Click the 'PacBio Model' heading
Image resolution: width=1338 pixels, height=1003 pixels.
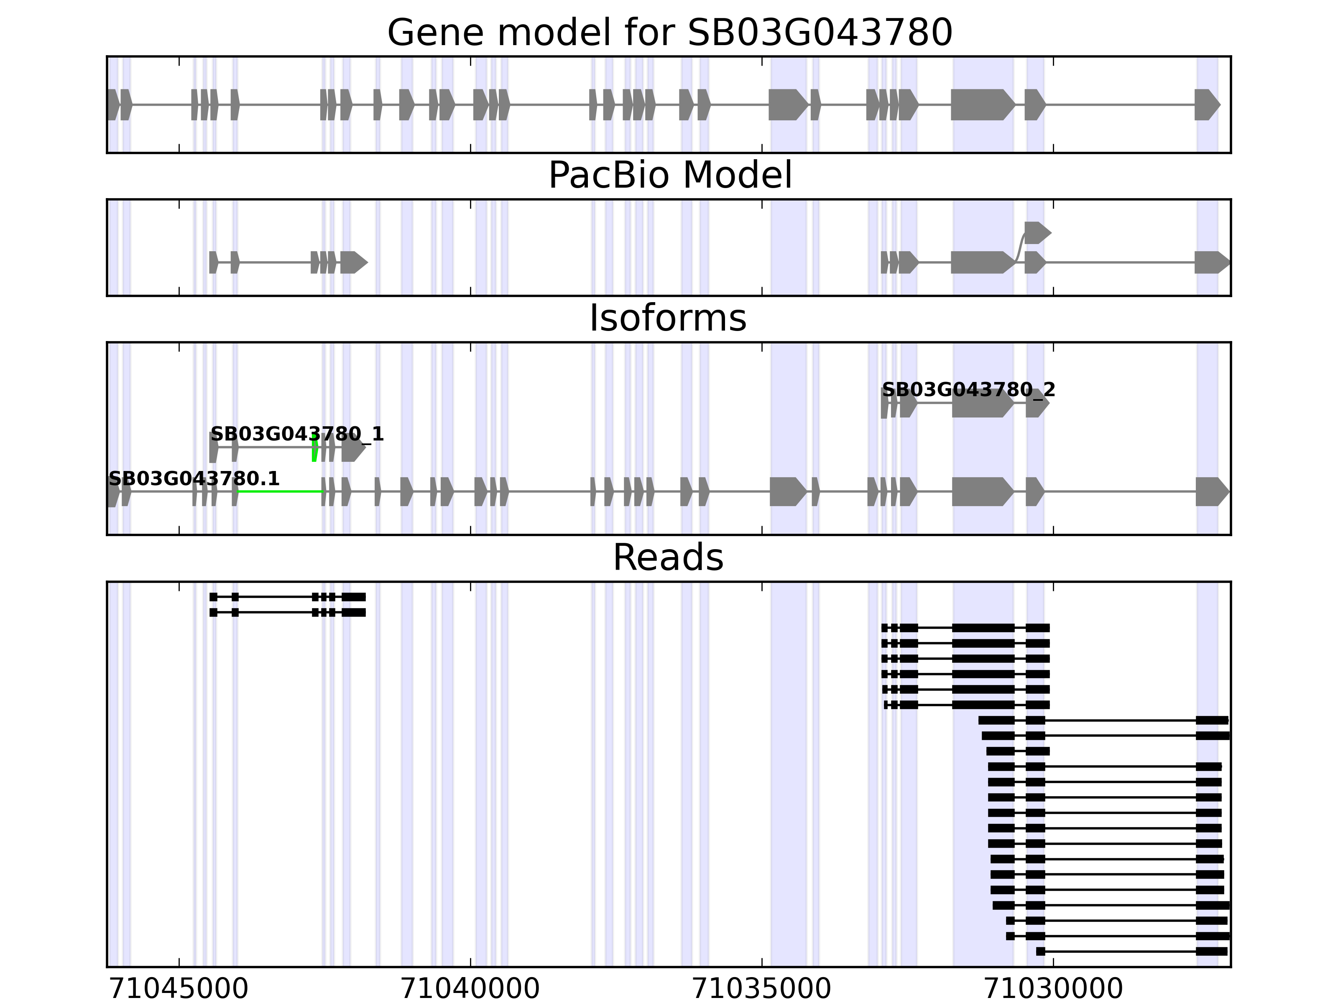click(x=669, y=176)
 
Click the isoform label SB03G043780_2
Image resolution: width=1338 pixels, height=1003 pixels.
click(x=968, y=390)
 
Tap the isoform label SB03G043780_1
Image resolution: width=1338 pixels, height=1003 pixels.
click(x=296, y=434)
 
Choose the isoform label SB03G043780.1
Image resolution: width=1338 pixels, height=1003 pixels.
click(x=194, y=479)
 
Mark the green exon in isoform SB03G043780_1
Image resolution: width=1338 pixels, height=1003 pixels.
click(x=314, y=448)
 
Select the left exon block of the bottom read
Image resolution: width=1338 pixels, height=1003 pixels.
click(x=1040, y=952)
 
